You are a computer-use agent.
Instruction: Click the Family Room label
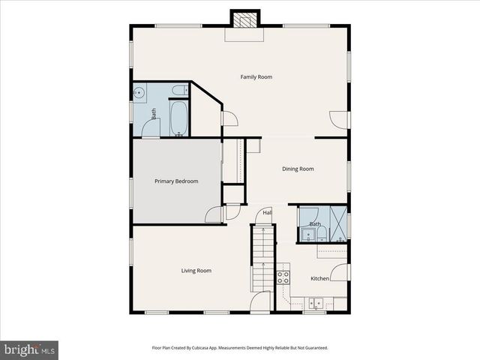[256, 76]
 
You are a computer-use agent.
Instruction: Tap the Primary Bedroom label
[176, 181]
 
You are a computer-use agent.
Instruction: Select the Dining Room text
[298, 169]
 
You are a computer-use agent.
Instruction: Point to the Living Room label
[196, 270]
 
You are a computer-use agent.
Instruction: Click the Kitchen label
[319, 278]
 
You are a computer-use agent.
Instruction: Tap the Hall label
[267, 212]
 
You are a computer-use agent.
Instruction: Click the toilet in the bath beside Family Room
[178, 91]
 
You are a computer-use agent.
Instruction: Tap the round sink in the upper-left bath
[139, 93]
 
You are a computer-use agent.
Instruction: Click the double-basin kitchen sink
[314, 304]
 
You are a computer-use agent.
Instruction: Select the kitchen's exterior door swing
[339, 271]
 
